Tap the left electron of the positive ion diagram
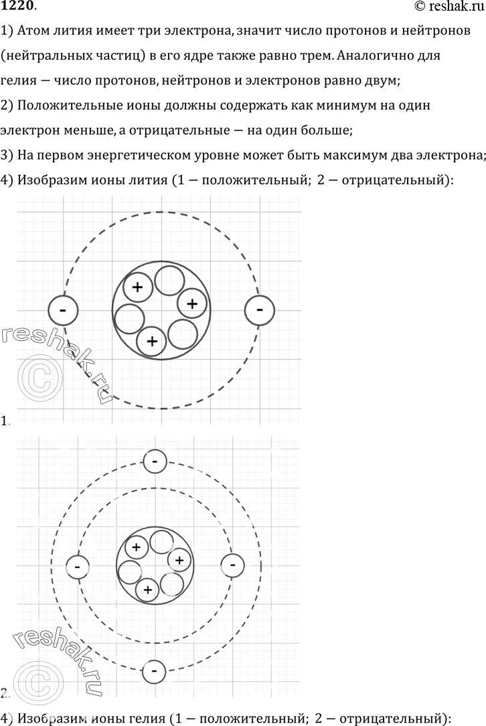[63, 310]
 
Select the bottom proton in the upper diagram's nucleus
[152, 341]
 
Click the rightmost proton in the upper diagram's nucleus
[191, 303]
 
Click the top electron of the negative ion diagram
[155, 461]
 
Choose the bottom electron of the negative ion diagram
[155, 670]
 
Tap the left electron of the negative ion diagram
[78, 567]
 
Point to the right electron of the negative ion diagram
[232, 565]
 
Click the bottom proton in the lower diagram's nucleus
[147, 589]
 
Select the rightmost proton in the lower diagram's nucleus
[179, 559]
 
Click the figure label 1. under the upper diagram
[5, 421]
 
